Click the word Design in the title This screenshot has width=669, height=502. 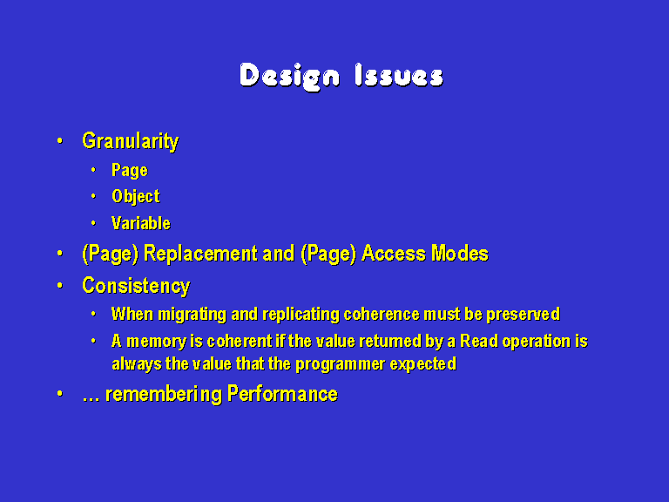(290, 77)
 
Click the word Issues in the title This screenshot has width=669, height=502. (399, 75)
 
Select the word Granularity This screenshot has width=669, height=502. (130, 141)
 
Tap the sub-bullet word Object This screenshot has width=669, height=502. (135, 197)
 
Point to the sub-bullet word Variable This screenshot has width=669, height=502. (141, 223)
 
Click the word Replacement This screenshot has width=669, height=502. (200, 254)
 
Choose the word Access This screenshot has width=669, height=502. (394, 254)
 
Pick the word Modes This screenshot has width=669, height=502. (460, 254)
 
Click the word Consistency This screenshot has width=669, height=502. (136, 286)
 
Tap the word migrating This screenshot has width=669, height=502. (192, 315)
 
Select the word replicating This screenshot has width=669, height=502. (301, 315)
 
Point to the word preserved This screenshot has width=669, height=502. (523, 315)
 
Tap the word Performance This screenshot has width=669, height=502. (282, 394)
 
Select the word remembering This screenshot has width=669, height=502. (164, 394)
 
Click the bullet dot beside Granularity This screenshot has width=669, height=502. (60, 140)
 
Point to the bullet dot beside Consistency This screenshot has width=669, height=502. (60, 285)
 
